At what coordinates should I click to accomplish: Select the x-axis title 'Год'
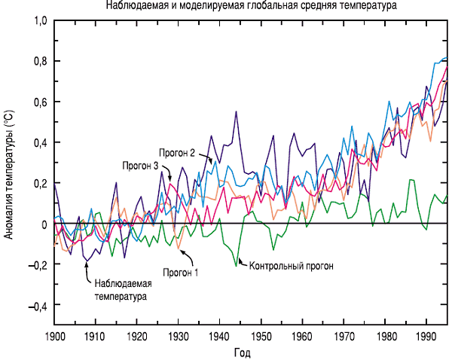coord(241,352)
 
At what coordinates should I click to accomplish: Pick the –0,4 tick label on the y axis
coord(35,307)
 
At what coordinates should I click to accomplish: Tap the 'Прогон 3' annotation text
coord(139,165)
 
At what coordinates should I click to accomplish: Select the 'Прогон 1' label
coord(180,273)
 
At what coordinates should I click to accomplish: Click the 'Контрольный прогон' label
coord(291,266)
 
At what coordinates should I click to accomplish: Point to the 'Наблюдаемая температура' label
coord(124,289)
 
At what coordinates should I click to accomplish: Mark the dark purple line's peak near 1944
coord(237,111)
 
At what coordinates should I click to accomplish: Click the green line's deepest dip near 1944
coord(237,265)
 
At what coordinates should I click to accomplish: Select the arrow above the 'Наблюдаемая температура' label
coord(88,270)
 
